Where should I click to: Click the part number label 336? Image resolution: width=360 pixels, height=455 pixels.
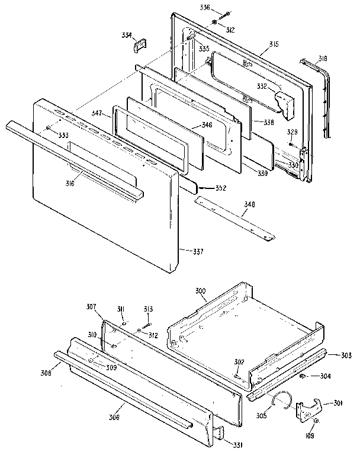(x=204, y=8)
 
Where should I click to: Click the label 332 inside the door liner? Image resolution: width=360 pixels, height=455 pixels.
(x=262, y=86)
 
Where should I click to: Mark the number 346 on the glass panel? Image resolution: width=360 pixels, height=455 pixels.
(x=206, y=125)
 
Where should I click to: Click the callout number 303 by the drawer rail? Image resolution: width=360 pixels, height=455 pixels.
(x=346, y=355)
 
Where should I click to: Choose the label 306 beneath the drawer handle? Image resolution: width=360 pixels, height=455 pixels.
(x=113, y=418)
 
